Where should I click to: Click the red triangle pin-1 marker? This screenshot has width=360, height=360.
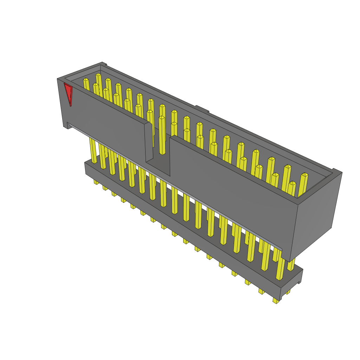coord(69,92)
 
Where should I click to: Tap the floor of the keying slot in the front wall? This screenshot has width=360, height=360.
coord(157,165)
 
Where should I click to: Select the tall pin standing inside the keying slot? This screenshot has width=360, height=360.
coord(162,135)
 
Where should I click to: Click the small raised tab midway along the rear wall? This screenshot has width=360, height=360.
coord(202,109)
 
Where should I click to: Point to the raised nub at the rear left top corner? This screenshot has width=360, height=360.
coord(103,64)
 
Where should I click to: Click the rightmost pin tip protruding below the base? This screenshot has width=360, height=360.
coord(277,301)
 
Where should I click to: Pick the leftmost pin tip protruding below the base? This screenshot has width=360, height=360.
coord(96,182)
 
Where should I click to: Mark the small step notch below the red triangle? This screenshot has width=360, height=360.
coord(66,125)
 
